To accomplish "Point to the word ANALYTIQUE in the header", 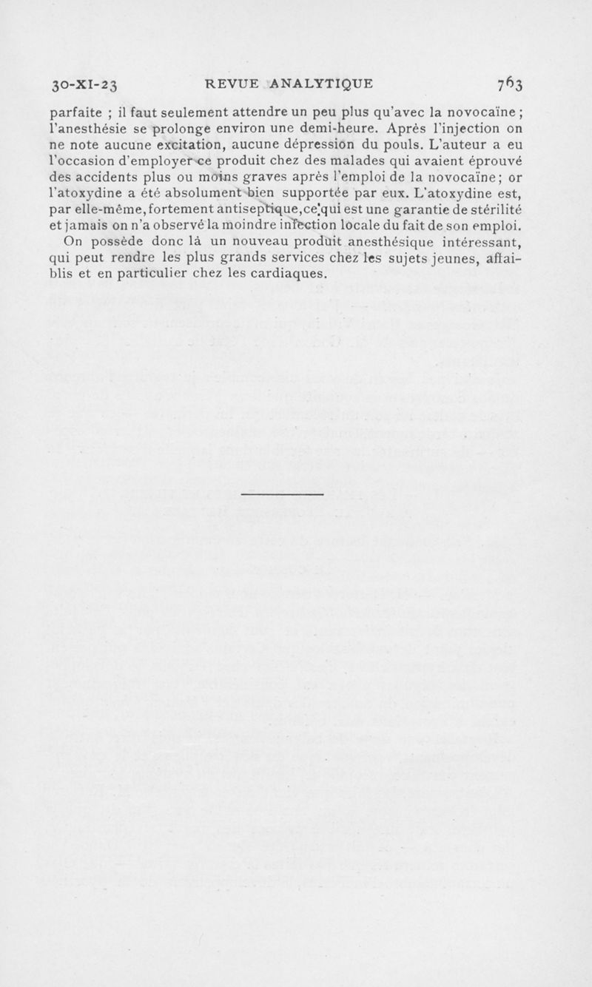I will point(320,82).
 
